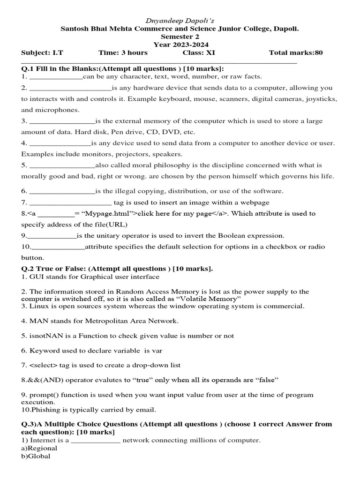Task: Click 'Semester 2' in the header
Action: pos(180,37)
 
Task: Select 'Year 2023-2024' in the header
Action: pos(180,45)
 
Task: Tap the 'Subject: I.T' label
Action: pos(38,52)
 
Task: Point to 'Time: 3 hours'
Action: pos(123,52)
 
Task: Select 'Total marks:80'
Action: pos(296,52)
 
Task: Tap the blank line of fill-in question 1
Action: pos(55,77)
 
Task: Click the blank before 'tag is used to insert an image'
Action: pos(70,203)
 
